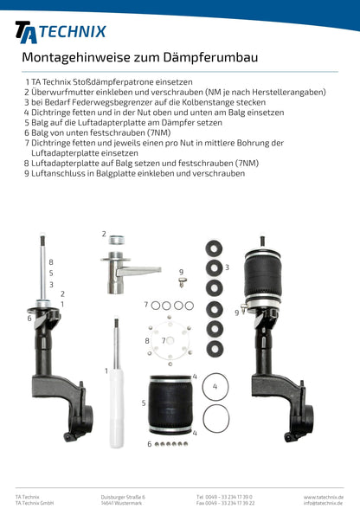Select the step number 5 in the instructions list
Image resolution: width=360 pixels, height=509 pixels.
pos(28,123)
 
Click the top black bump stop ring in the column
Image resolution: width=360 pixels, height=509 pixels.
pos(212,249)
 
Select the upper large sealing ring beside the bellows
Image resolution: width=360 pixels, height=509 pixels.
pos(215,385)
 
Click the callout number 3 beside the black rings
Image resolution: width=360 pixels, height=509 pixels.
pos(227,267)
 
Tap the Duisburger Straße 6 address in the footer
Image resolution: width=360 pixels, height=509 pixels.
pos(123,496)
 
